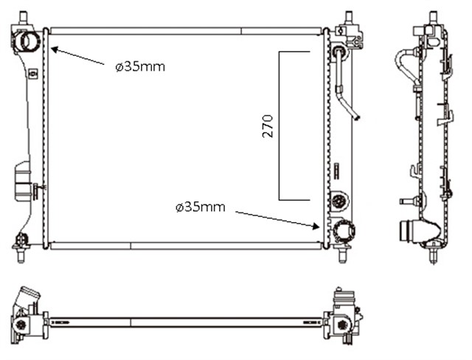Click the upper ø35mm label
pos(140,66)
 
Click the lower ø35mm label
pos(200,207)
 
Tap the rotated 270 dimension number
pos(268,125)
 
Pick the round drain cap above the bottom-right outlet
pos(339,199)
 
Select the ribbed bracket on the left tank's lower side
pos(23,181)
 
